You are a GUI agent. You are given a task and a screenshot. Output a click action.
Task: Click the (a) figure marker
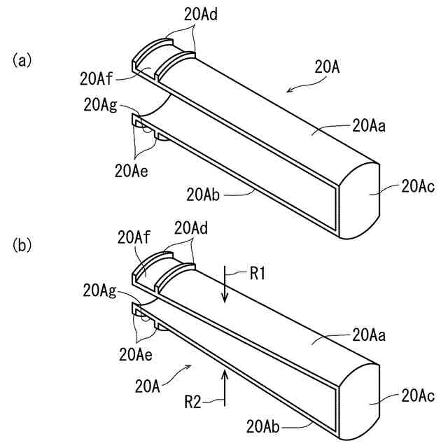coord(22,61)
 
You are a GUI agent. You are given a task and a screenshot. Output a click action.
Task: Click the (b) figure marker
coord(22,246)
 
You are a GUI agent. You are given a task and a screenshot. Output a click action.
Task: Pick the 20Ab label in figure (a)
coord(204,194)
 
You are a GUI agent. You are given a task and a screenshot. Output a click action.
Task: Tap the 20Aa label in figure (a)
coord(370,126)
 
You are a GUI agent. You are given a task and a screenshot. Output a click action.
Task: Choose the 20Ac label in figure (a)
coord(418,187)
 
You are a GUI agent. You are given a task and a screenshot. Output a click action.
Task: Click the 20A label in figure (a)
coord(326,68)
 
